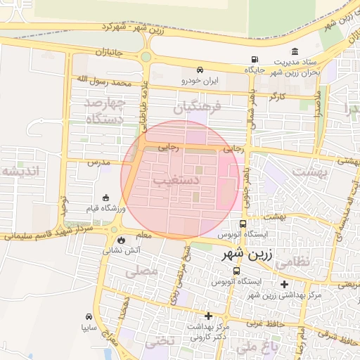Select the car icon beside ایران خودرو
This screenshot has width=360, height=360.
201,70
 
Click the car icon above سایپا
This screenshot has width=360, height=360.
89,316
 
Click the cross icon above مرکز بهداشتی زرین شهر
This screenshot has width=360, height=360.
284,285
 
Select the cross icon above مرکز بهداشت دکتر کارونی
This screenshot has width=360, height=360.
208,316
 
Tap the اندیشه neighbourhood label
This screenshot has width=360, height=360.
22,171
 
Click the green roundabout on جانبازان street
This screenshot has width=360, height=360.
146,57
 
